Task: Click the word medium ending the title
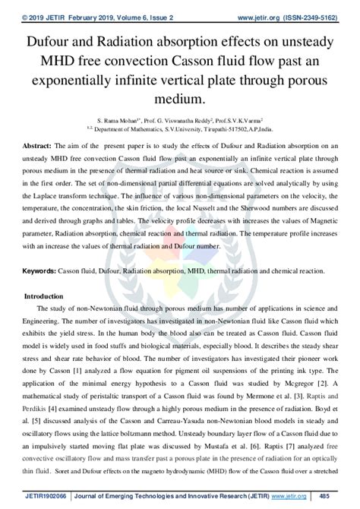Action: [179, 99]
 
